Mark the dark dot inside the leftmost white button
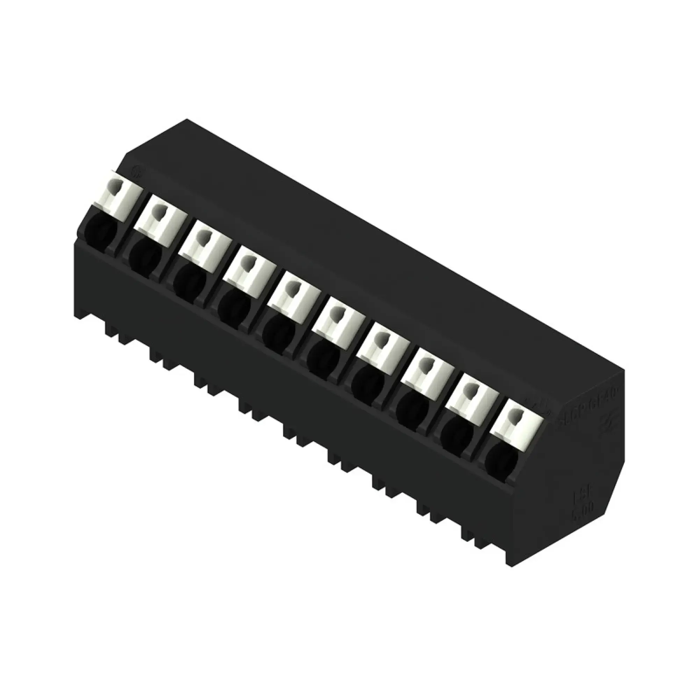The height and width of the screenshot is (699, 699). (x=115, y=188)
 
